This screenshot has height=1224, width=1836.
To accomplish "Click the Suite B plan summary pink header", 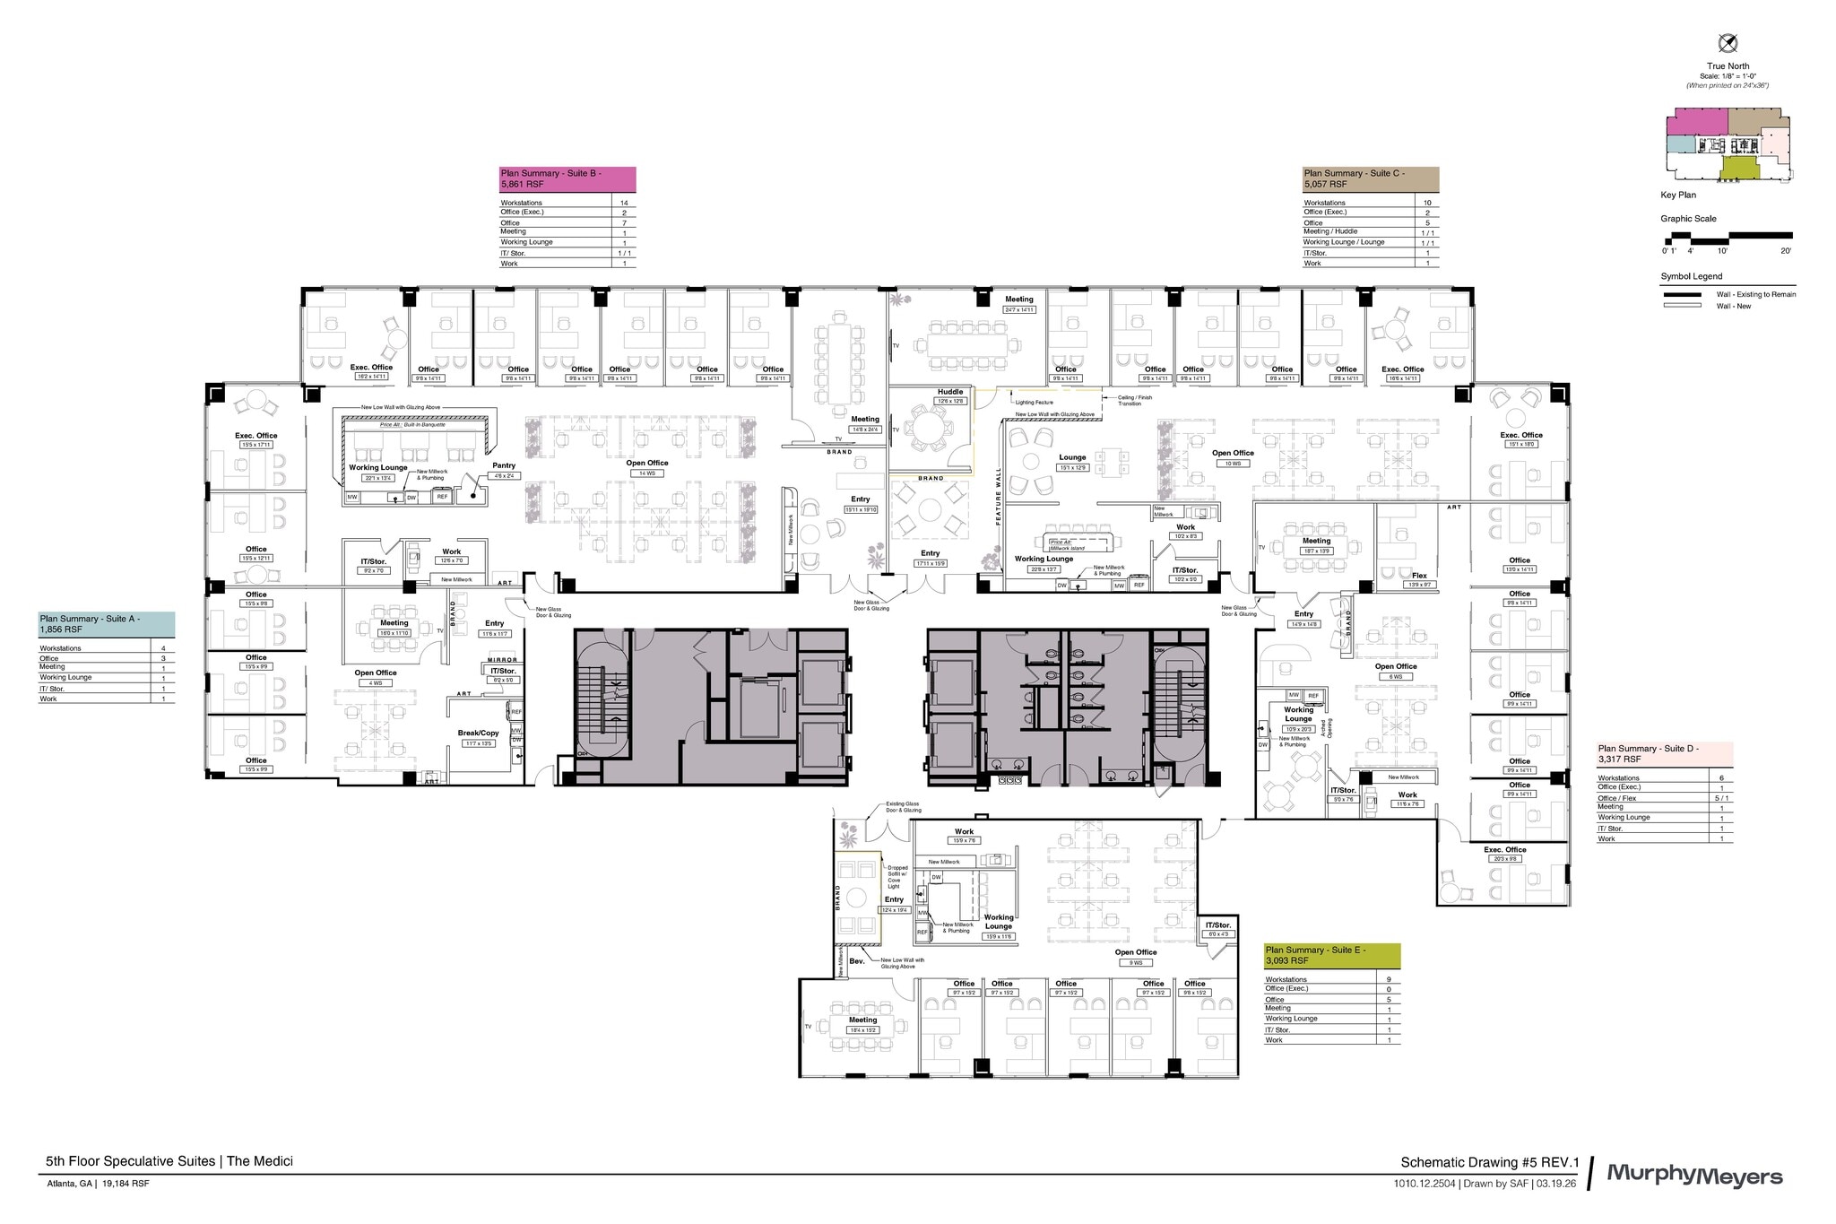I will [567, 178].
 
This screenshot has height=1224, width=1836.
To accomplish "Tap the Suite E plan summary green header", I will [1331, 955].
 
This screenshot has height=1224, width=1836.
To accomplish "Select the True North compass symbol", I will [1728, 43].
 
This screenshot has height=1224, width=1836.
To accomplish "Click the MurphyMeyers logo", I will [1693, 1174].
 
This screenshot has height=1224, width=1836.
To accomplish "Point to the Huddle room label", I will [950, 392].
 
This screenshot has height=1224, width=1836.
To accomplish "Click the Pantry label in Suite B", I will [504, 465].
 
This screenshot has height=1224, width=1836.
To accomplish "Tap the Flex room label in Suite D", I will [1419, 576].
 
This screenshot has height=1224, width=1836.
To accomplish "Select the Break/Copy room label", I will [478, 733].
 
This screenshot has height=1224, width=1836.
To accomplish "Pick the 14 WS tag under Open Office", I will [646, 473].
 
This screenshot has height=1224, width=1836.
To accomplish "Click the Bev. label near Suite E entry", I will [856, 961].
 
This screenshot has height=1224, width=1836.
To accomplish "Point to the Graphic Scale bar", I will [1728, 238].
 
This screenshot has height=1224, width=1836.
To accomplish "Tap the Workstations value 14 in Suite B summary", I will [624, 203].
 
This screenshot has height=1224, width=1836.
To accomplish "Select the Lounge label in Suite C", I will [1072, 457].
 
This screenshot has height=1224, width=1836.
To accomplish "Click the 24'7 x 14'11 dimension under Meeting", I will [1018, 309].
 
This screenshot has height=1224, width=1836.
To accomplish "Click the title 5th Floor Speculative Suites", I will [169, 1160].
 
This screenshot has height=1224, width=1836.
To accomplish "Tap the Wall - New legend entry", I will [1733, 306].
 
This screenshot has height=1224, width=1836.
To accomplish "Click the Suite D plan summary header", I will [1664, 753].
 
